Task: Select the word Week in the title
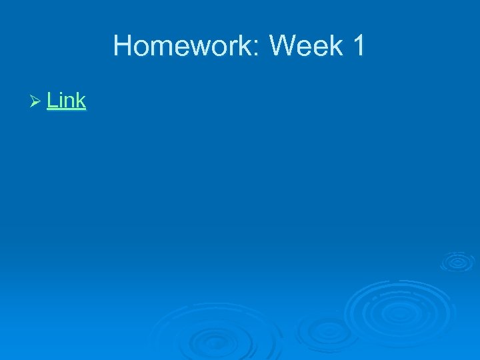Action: [304, 47]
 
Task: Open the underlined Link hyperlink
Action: [67, 101]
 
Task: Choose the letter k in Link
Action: [81, 101]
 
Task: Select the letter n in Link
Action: [71, 103]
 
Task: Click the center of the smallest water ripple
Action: [457, 261]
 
